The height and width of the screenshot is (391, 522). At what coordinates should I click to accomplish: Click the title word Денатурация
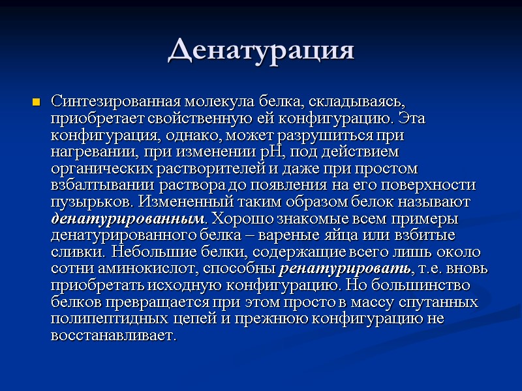pos(261,50)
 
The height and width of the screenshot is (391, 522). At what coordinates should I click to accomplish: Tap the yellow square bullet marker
pos(37,103)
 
